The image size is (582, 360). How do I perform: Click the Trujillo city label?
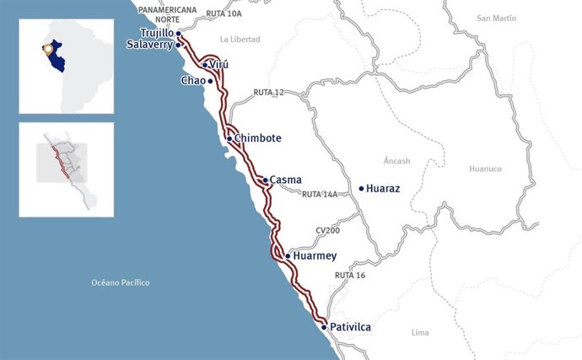(x=157, y=34)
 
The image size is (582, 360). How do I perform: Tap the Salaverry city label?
(x=149, y=46)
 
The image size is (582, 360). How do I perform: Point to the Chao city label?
(x=191, y=81)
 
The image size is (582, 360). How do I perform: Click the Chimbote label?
(x=258, y=138)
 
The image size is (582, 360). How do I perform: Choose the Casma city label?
(x=285, y=180)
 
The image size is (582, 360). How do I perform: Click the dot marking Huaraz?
(x=362, y=189)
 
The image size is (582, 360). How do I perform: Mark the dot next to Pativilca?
(x=325, y=327)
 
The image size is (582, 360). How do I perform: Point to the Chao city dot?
(x=210, y=81)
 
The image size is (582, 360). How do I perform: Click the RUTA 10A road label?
(x=223, y=14)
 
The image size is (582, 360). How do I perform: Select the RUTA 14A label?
(x=320, y=194)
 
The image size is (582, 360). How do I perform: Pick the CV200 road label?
(x=327, y=230)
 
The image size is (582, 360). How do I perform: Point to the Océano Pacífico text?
(x=121, y=282)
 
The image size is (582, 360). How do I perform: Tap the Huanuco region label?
(x=485, y=169)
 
